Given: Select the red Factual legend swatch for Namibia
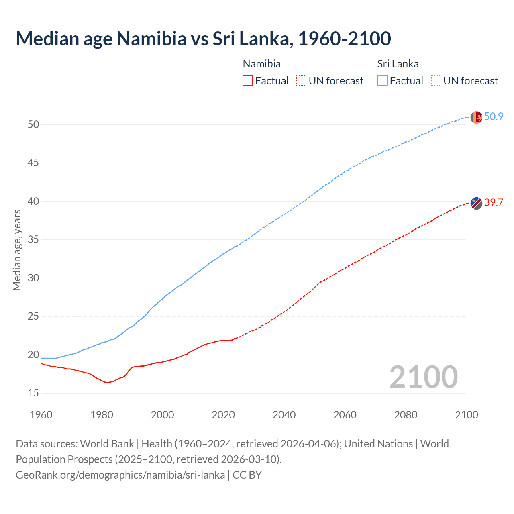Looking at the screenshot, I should point(248,81).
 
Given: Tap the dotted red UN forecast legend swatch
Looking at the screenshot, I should point(301,81).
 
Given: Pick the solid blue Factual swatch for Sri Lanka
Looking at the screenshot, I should point(383,81).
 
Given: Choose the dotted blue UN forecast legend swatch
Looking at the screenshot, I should point(436,81).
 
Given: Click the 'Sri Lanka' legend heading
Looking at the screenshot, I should point(398,64).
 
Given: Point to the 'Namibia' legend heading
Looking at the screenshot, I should point(262,64).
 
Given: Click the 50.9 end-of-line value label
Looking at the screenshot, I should point(494,117).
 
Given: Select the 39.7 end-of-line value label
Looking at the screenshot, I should point(494,202).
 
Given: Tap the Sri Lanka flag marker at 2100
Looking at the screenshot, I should point(476,118).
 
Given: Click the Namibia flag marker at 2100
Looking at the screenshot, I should point(476,203).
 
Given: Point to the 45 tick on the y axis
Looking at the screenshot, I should point(33,163).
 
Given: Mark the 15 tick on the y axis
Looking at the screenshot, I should point(33,393).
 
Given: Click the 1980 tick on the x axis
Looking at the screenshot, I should point(102,415).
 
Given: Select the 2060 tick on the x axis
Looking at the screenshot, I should point(345,415).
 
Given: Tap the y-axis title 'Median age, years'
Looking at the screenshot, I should point(17,250).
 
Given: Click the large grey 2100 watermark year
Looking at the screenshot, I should point(423,377).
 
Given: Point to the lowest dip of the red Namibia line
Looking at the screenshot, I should point(107,383).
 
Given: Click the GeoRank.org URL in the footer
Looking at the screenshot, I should point(120,475).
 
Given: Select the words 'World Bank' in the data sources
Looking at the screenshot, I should point(107,444).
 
